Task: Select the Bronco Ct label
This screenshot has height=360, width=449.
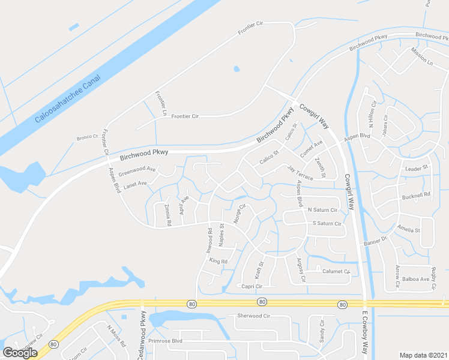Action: tap(87, 137)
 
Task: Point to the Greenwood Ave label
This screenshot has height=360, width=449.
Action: tap(137, 172)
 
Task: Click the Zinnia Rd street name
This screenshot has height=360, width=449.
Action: tap(168, 215)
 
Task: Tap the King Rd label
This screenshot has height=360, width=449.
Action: tap(218, 261)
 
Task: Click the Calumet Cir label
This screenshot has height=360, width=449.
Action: tap(334, 271)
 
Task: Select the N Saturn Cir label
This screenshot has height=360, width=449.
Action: tap(323, 210)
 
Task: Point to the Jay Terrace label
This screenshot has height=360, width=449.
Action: tap(300, 173)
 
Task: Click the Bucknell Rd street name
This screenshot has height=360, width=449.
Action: tap(417, 195)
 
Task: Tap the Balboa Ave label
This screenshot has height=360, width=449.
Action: tap(415, 279)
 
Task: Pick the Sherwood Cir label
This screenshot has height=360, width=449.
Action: tap(255, 316)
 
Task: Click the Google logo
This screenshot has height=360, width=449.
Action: tap(20, 352)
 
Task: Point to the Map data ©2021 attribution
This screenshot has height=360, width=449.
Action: tap(424, 355)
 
